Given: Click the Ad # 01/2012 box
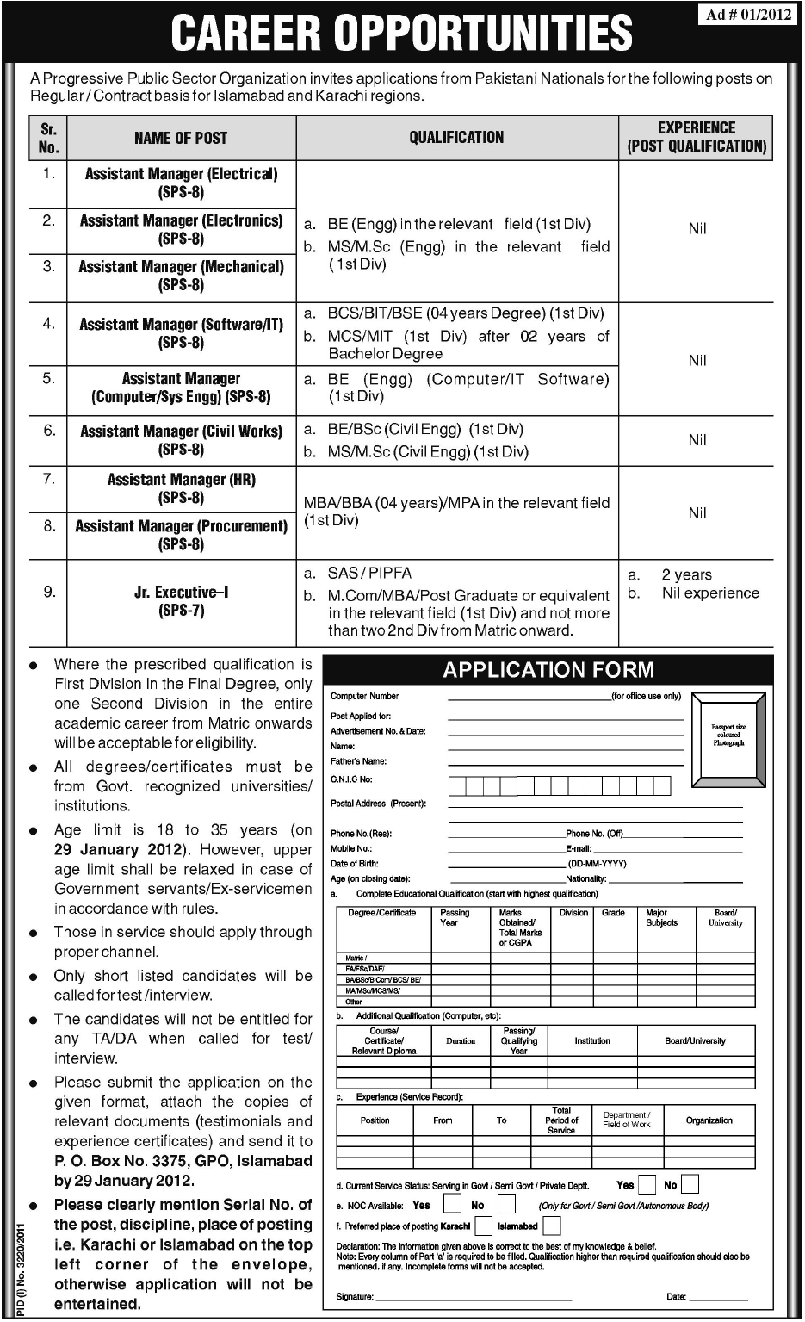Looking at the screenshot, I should pyautogui.click(x=748, y=16).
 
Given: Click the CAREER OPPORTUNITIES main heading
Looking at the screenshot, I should pyautogui.click(x=401, y=32).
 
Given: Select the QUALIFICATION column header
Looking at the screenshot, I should pyautogui.click(x=456, y=137).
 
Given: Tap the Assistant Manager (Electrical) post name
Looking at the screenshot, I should pyautogui.click(x=181, y=182).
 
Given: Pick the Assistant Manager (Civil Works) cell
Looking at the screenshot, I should pyautogui.click(x=181, y=439).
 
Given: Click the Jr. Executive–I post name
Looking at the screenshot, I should pyautogui.click(x=181, y=601).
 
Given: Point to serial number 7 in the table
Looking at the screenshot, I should pyautogui.click(x=49, y=479).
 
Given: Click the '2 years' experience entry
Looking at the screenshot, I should pyautogui.click(x=686, y=574).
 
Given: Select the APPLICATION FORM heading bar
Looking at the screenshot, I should pyautogui.click(x=548, y=670).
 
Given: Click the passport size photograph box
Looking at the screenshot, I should pyautogui.click(x=728, y=735).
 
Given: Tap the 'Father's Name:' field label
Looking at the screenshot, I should pyautogui.click(x=358, y=761).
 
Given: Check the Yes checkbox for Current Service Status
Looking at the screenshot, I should pyautogui.click(x=647, y=1185).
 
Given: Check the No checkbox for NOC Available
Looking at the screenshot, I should pyautogui.click(x=506, y=1205).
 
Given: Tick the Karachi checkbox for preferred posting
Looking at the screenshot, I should pyautogui.click(x=483, y=1226).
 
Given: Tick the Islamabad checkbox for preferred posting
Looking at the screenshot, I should pyautogui.click(x=552, y=1226).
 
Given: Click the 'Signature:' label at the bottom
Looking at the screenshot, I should pyautogui.click(x=355, y=1296).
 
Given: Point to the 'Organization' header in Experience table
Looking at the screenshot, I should pyautogui.click(x=709, y=1120).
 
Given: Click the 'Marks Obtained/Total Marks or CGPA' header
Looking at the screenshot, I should pyautogui.click(x=520, y=928).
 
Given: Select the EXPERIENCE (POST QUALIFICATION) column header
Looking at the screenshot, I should pyautogui.click(x=697, y=137).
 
